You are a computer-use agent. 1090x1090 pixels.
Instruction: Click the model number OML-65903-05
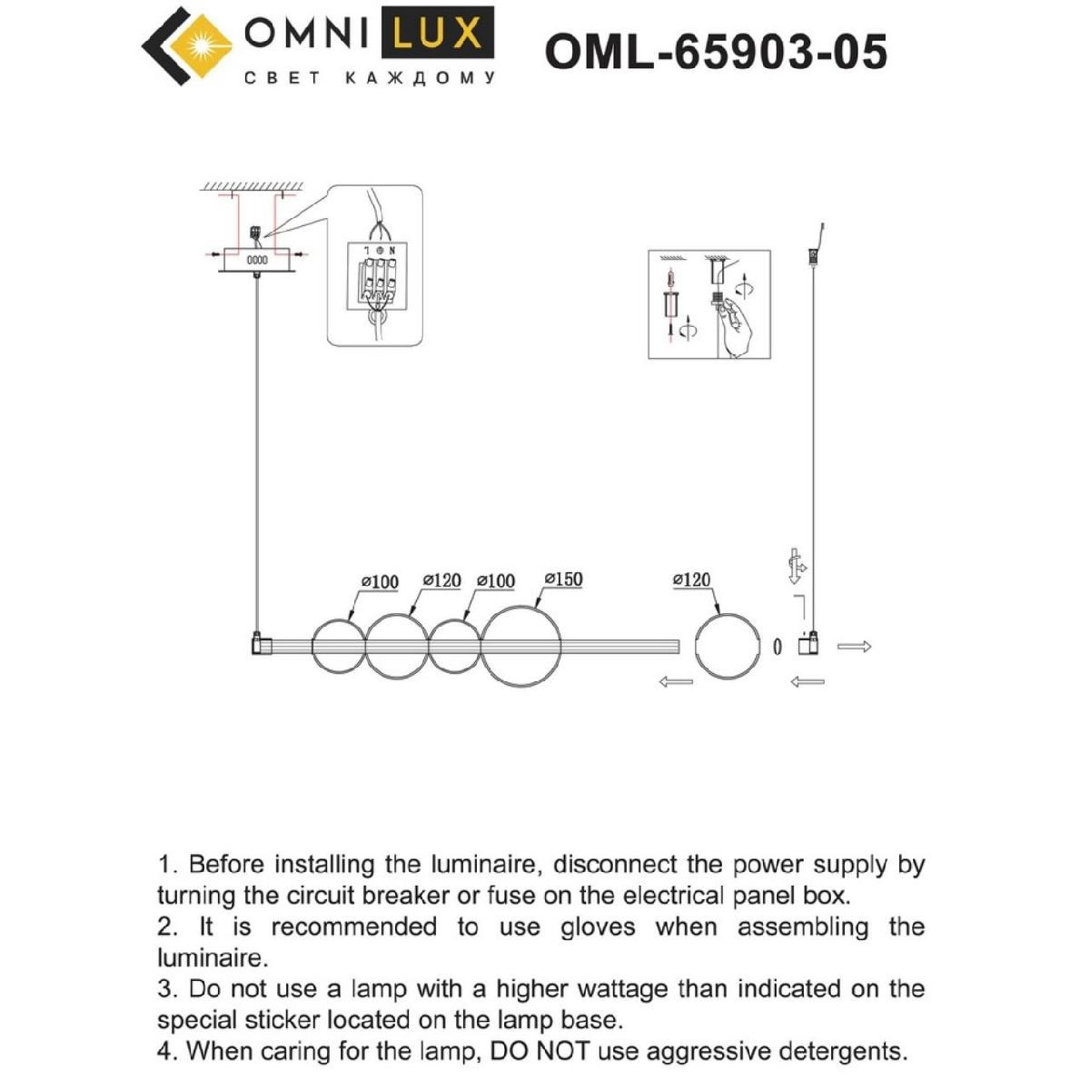point(716,52)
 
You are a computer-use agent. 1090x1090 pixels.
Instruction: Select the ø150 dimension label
point(563,580)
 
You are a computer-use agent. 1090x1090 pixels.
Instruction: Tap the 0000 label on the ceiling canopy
point(258,260)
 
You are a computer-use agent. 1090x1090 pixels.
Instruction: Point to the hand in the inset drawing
point(740,327)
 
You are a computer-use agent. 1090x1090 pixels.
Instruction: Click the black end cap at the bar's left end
point(260,645)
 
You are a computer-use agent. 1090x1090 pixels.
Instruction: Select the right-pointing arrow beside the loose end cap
point(854,647)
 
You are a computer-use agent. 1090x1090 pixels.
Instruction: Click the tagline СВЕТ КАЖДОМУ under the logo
point(371,78)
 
